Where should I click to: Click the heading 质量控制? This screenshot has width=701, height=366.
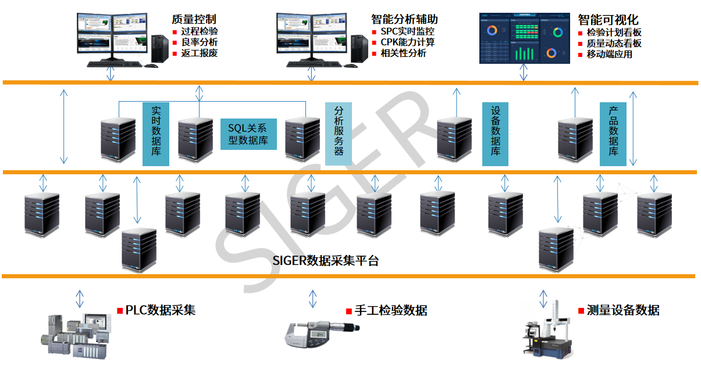tap(194, 19)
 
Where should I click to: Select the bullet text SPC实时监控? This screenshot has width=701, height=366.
tap(407, 31)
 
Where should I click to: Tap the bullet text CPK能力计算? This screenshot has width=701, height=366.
tap(407, 42)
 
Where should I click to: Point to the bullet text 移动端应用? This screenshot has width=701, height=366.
tap(609, 54)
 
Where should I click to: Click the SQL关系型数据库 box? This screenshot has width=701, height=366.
tap(248, 134)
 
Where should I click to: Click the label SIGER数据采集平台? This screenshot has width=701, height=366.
tap(326, 260)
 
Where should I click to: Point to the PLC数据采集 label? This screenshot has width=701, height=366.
tap(160, 310)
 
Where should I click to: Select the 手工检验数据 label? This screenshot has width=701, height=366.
tap(391, 310)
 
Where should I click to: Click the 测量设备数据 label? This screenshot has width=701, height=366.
tap(623, 310)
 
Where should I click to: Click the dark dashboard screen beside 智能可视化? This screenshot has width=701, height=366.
tap(524, 38)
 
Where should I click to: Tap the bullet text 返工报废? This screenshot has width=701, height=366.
tap(200, 53)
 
